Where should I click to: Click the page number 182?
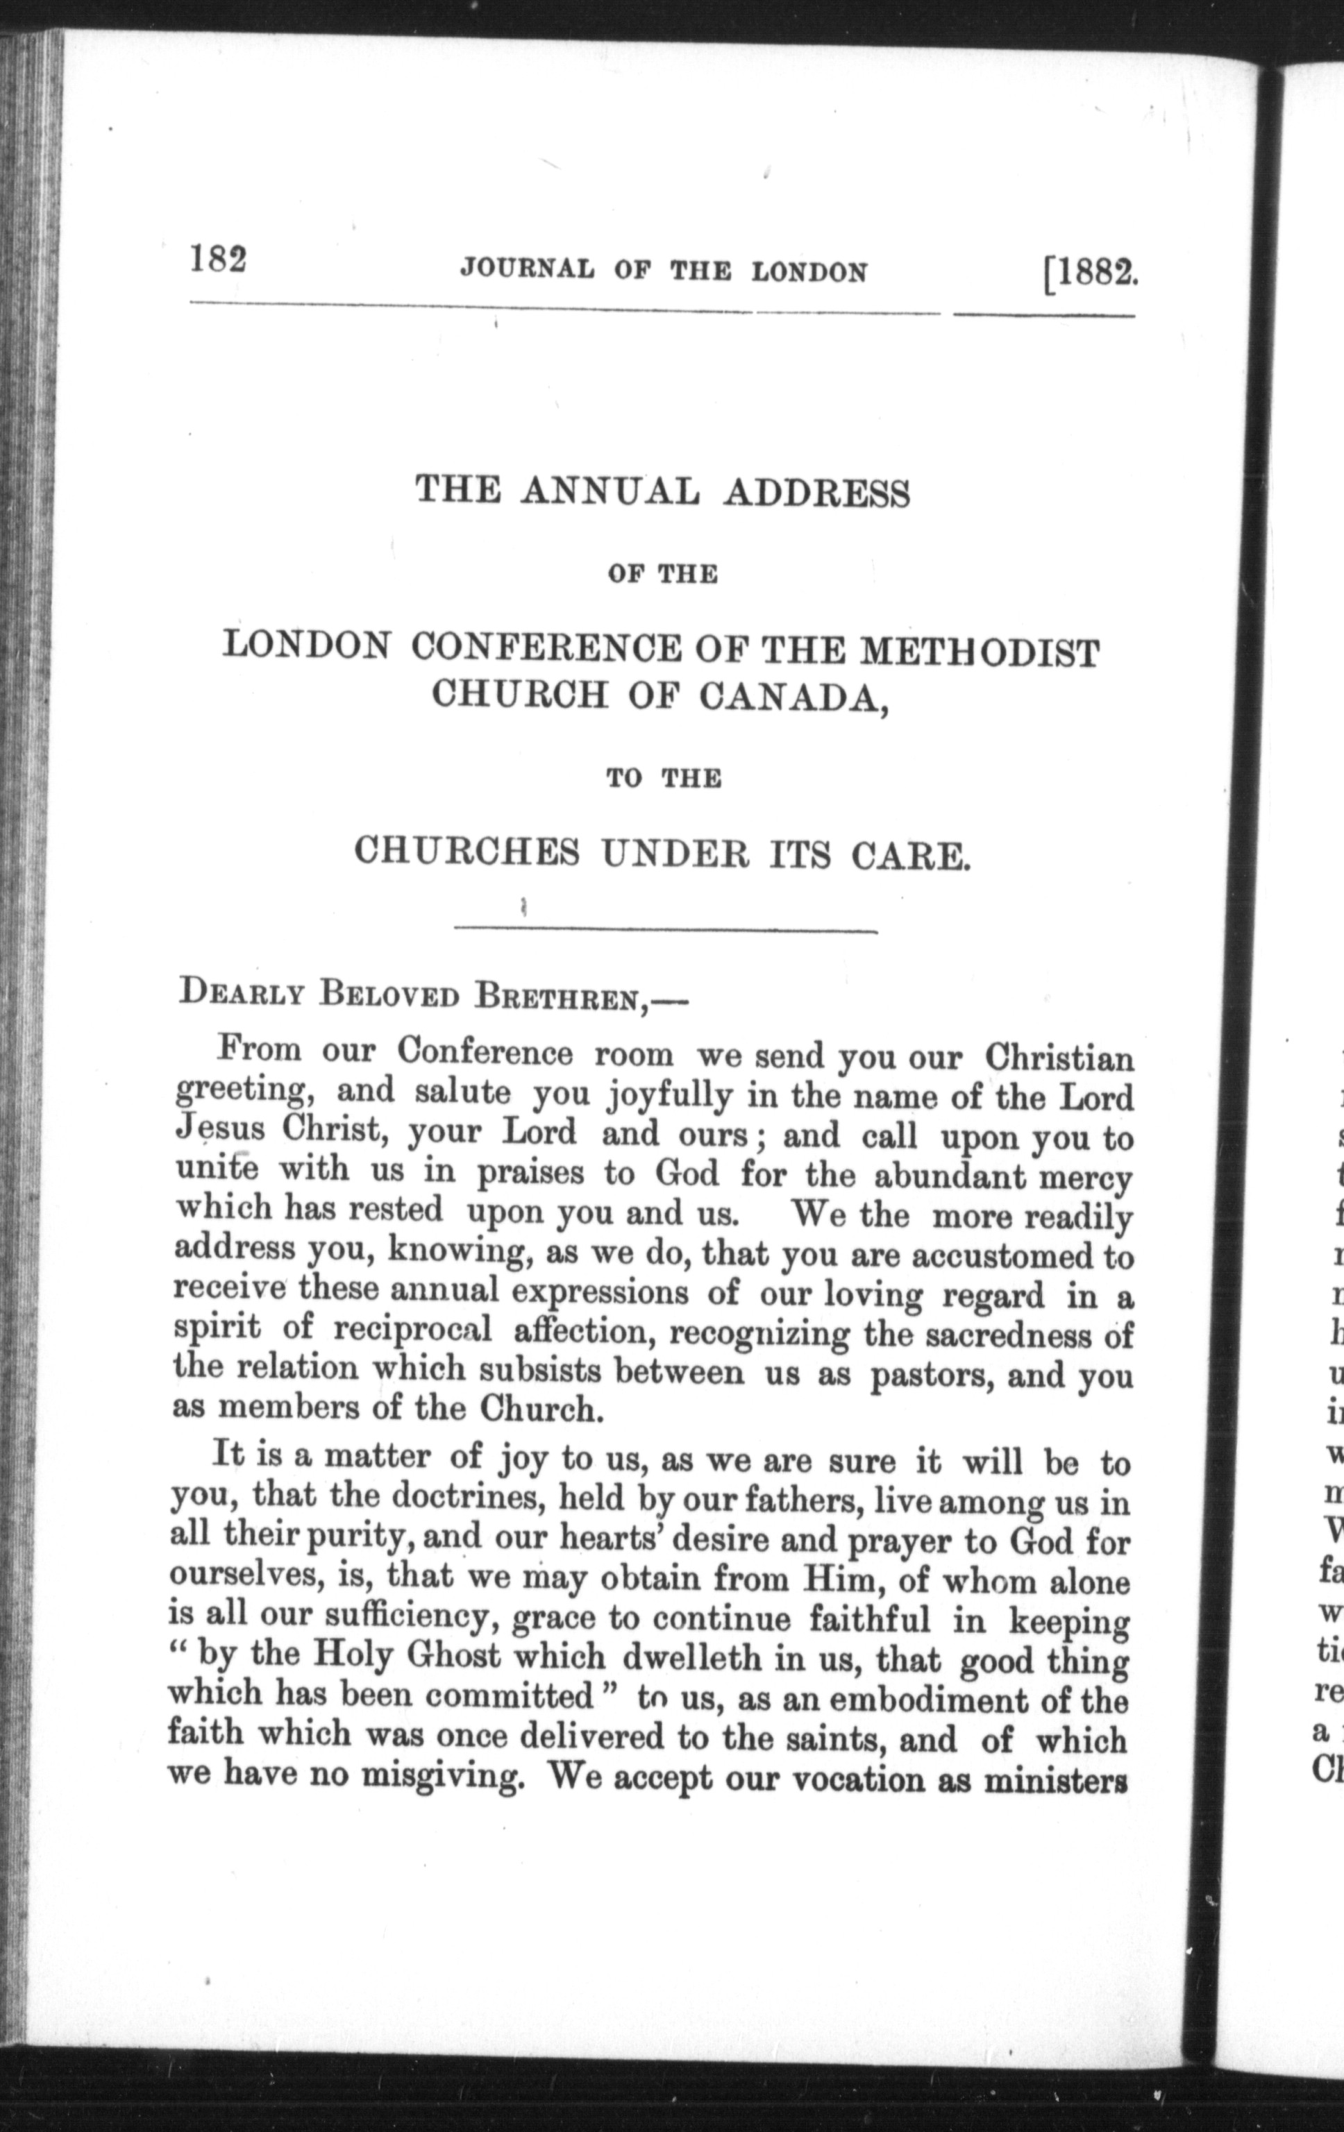pos(217,262)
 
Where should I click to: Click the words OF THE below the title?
pos(662,575)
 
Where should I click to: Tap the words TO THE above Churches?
pos(663,779)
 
